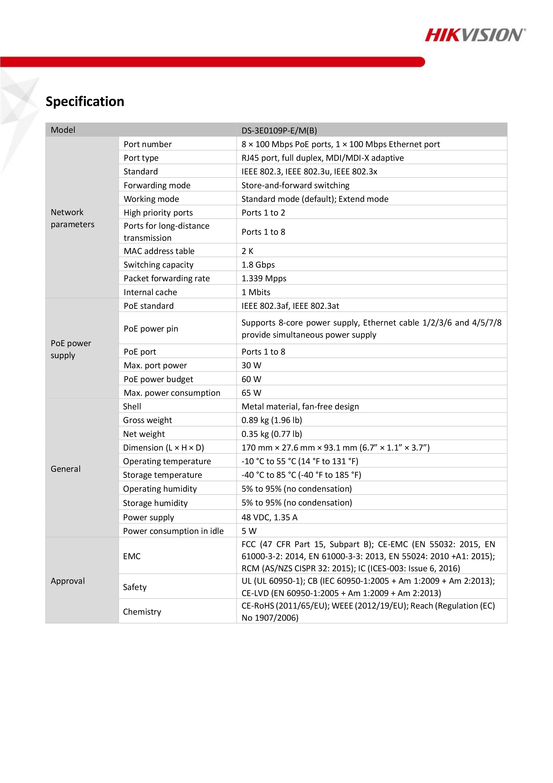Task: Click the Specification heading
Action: (x=85, y=102)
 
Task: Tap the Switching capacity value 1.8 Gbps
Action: (x=258, y=265)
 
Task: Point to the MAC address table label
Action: (x=159, y=251)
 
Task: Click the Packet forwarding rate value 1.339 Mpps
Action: (x=264, y=278)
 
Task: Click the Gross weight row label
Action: (x=147, y=420)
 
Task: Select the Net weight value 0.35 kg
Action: (x=271, y=434)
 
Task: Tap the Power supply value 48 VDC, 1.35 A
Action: (x=269, y=517)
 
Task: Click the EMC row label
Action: (x=131, y=556)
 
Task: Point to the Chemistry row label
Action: (x=142, y=612)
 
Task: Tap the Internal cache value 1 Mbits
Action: (x=255, y=292)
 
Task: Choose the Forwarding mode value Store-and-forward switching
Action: (x=295, y=185)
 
